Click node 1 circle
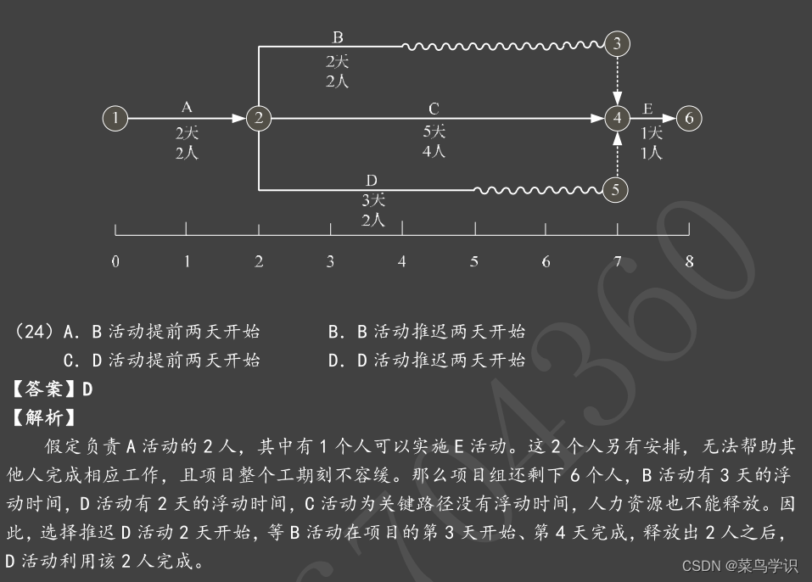click(115, 119)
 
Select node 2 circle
click(259, 119)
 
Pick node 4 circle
click(618, 119)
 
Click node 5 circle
click(616, 189)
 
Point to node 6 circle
click(689, 119)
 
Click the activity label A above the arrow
click(187, 107)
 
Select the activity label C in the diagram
click(434, 109)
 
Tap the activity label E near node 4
click(647, 109)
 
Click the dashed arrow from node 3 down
click(618, 81)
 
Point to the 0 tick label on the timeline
click(115, 261)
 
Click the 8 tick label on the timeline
click(689, 261)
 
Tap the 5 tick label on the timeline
click(473, 261)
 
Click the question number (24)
click(35, 332)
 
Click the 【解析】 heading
click(42, 417)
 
